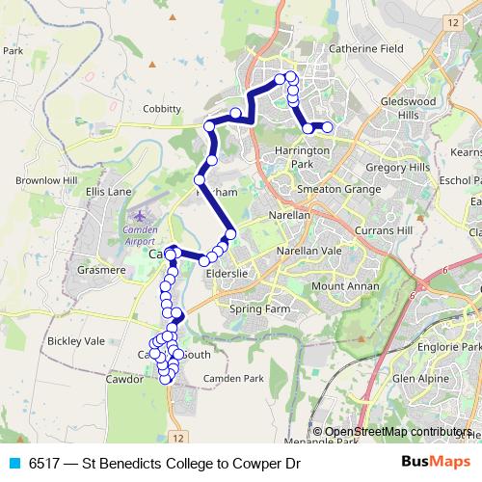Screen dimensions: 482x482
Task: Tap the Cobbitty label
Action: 161,109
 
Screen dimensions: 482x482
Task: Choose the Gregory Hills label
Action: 398,167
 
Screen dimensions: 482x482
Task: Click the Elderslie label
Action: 228,273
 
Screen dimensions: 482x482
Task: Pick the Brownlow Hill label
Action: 45,180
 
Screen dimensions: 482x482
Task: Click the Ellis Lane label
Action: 108,192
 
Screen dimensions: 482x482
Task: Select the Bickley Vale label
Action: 75,341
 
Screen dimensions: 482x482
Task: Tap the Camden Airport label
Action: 147,235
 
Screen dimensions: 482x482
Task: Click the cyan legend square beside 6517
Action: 14,464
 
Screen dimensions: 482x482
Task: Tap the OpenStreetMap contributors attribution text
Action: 397,432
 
